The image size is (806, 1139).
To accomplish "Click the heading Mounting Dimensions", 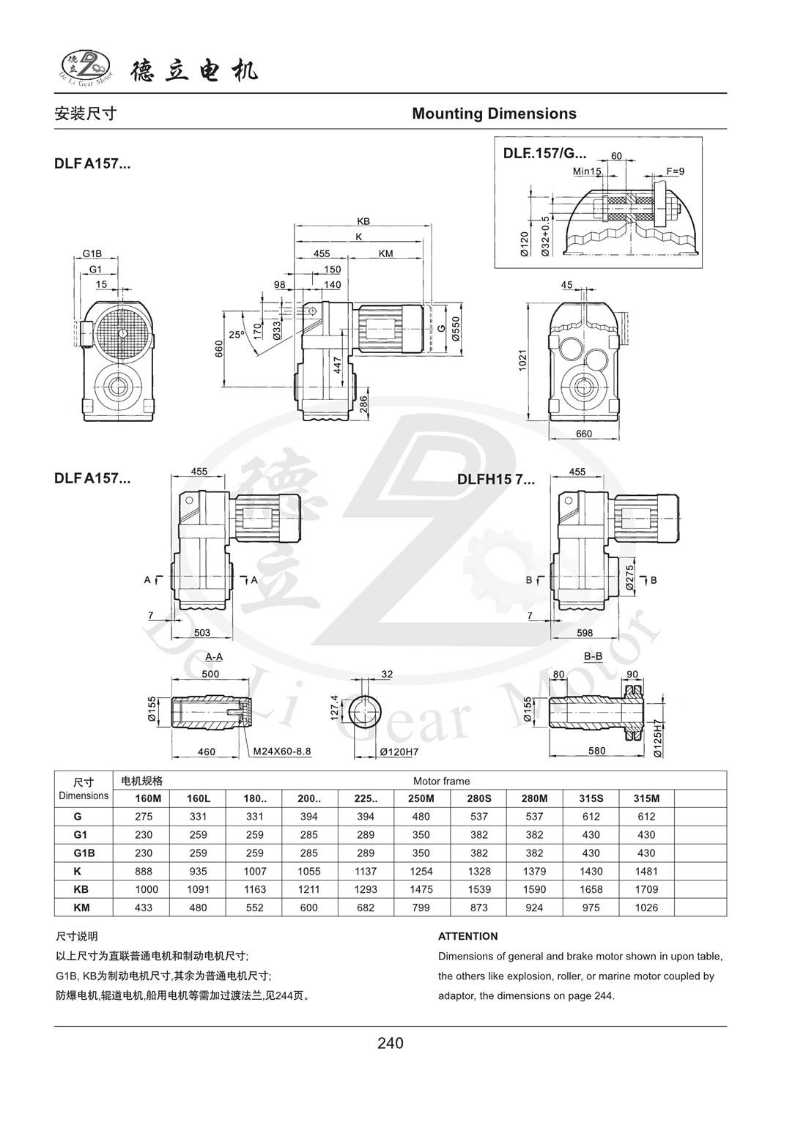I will [x=494, y=114].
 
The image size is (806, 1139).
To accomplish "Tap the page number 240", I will [x=390, y=1042].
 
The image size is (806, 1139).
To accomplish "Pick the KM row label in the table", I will [x=83, y=908].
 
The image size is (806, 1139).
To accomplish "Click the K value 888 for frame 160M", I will [x=141, y=871].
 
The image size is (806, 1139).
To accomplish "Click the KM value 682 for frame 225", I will [x=365, y=908].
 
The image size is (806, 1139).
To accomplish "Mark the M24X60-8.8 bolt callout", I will [x=282, y=751].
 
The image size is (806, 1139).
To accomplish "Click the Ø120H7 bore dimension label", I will [x=399, y=751].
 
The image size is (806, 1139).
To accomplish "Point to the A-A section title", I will [x=214, y=656].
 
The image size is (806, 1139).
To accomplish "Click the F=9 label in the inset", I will [x=674, y=171].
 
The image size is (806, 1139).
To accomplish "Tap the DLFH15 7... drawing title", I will [x=496, y=480].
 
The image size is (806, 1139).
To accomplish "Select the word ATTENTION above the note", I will [x=467, y=936].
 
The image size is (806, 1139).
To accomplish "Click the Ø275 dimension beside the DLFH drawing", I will [x=629, y=577].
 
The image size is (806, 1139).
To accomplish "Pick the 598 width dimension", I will [x=584, y=633].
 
